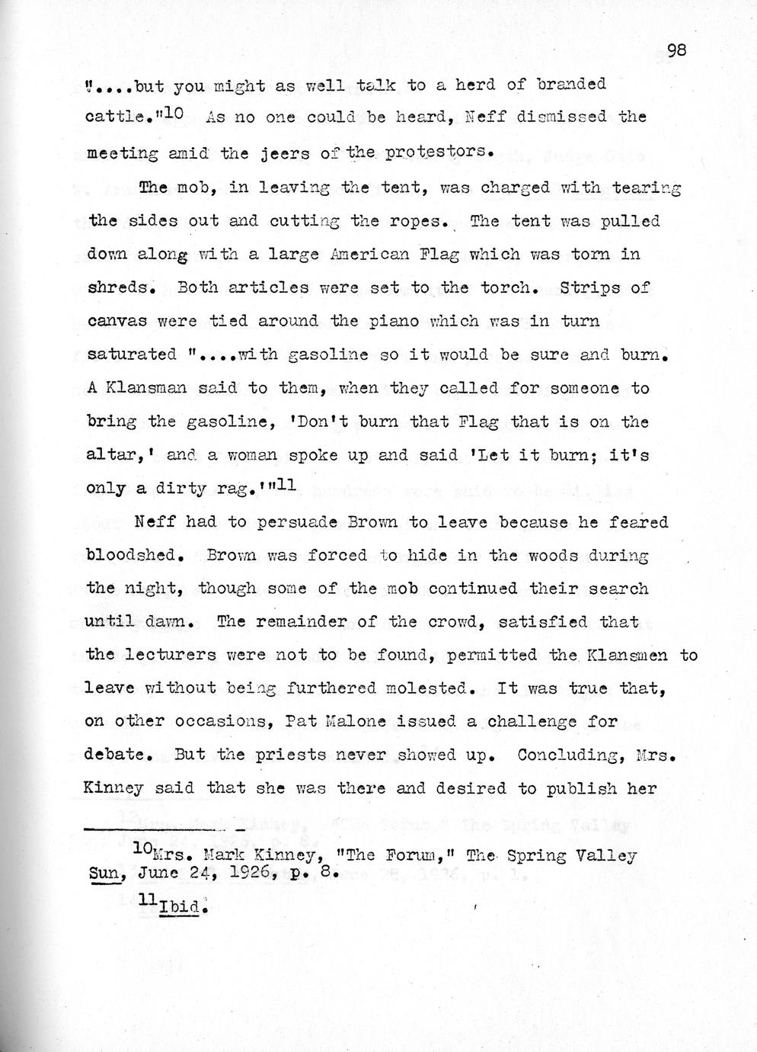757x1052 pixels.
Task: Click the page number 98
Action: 676,50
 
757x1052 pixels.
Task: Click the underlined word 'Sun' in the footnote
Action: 100,874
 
